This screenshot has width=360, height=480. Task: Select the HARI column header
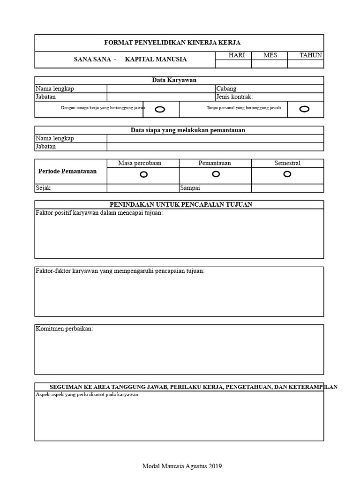click(237, 55)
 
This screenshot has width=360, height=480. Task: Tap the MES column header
click(270, 55)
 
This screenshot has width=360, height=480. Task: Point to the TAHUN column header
click(311, 55)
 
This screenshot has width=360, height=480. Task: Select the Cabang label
click(226, 89)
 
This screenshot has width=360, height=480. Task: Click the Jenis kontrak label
click(234, 97)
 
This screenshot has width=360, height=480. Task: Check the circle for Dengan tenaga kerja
click(160, 109)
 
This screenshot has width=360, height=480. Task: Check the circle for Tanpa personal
click(304, 109)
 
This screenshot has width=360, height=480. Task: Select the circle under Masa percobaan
click(143, 174)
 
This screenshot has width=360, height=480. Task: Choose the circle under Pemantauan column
click(216, 174)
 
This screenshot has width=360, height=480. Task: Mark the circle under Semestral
click(287, 174)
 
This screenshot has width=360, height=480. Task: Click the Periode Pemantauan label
click(67, 171)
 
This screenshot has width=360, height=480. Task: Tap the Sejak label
click(43, 188)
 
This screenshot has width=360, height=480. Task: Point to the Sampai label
click(190, 188)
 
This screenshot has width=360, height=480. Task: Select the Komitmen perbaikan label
click(64, 329)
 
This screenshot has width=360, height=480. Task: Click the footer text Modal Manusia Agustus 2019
click(182, 466)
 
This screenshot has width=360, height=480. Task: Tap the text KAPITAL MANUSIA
click(156, 60)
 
